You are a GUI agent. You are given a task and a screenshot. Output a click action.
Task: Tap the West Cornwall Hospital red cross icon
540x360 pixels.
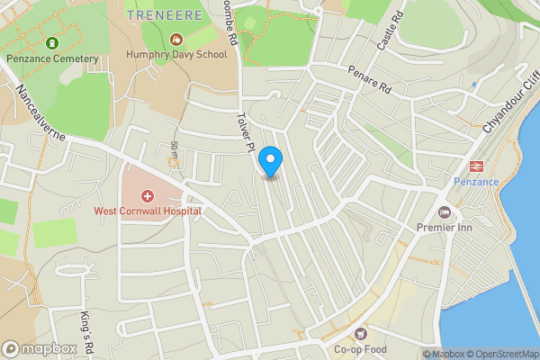coord(148,195)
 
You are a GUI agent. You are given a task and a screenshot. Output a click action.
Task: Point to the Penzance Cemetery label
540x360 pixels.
coord(51,58)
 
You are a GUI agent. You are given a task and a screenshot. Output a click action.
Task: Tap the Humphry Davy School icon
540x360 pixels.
coord(176,40)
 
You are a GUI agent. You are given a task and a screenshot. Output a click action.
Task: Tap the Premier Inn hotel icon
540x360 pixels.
coord(444,212)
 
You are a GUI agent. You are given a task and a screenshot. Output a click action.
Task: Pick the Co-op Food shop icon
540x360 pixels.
coord(362,334)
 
